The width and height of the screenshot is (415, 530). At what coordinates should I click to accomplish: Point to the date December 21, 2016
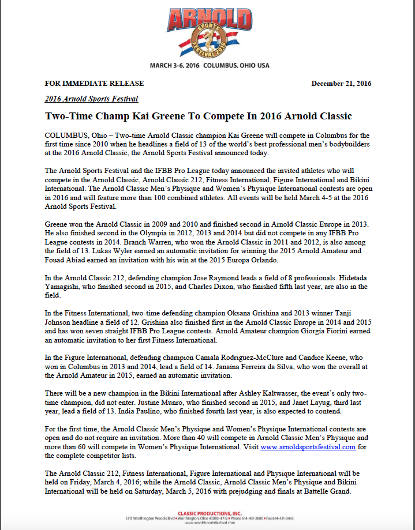click(341, 83)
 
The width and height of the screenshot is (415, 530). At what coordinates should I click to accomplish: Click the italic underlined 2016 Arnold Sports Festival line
click(91, 99)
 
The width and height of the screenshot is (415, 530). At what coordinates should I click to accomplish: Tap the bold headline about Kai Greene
click(198, 116)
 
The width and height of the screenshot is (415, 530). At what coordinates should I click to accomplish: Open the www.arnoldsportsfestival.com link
click(308, 446)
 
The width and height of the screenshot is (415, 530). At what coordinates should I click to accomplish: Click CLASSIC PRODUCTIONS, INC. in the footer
click(207, 512)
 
